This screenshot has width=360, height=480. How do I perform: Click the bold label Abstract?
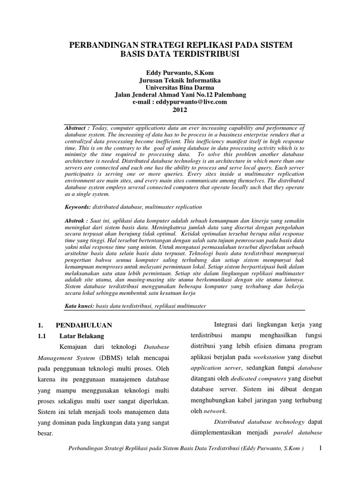(x=76, y=128)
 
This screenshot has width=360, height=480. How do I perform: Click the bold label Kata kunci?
(x=78, y=306)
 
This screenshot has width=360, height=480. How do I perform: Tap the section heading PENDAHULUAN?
(x=84, y=324)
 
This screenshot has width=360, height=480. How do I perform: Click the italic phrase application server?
(x=213, y=368)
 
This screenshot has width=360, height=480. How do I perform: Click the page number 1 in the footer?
(x=321, y=448)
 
